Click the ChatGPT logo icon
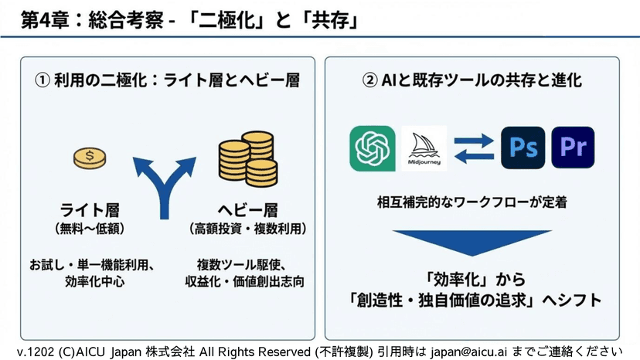click(372, 148)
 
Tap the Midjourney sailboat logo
click(425, 148)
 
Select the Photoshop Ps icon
click(523, 148)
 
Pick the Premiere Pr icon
click(573, 148)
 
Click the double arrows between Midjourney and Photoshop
click(474, 148)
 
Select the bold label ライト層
click(91, 210)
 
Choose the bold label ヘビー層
click(246, 210)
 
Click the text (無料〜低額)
click(91, 229)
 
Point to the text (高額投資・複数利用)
click(247, 229)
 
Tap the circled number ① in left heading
click(45, 80)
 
